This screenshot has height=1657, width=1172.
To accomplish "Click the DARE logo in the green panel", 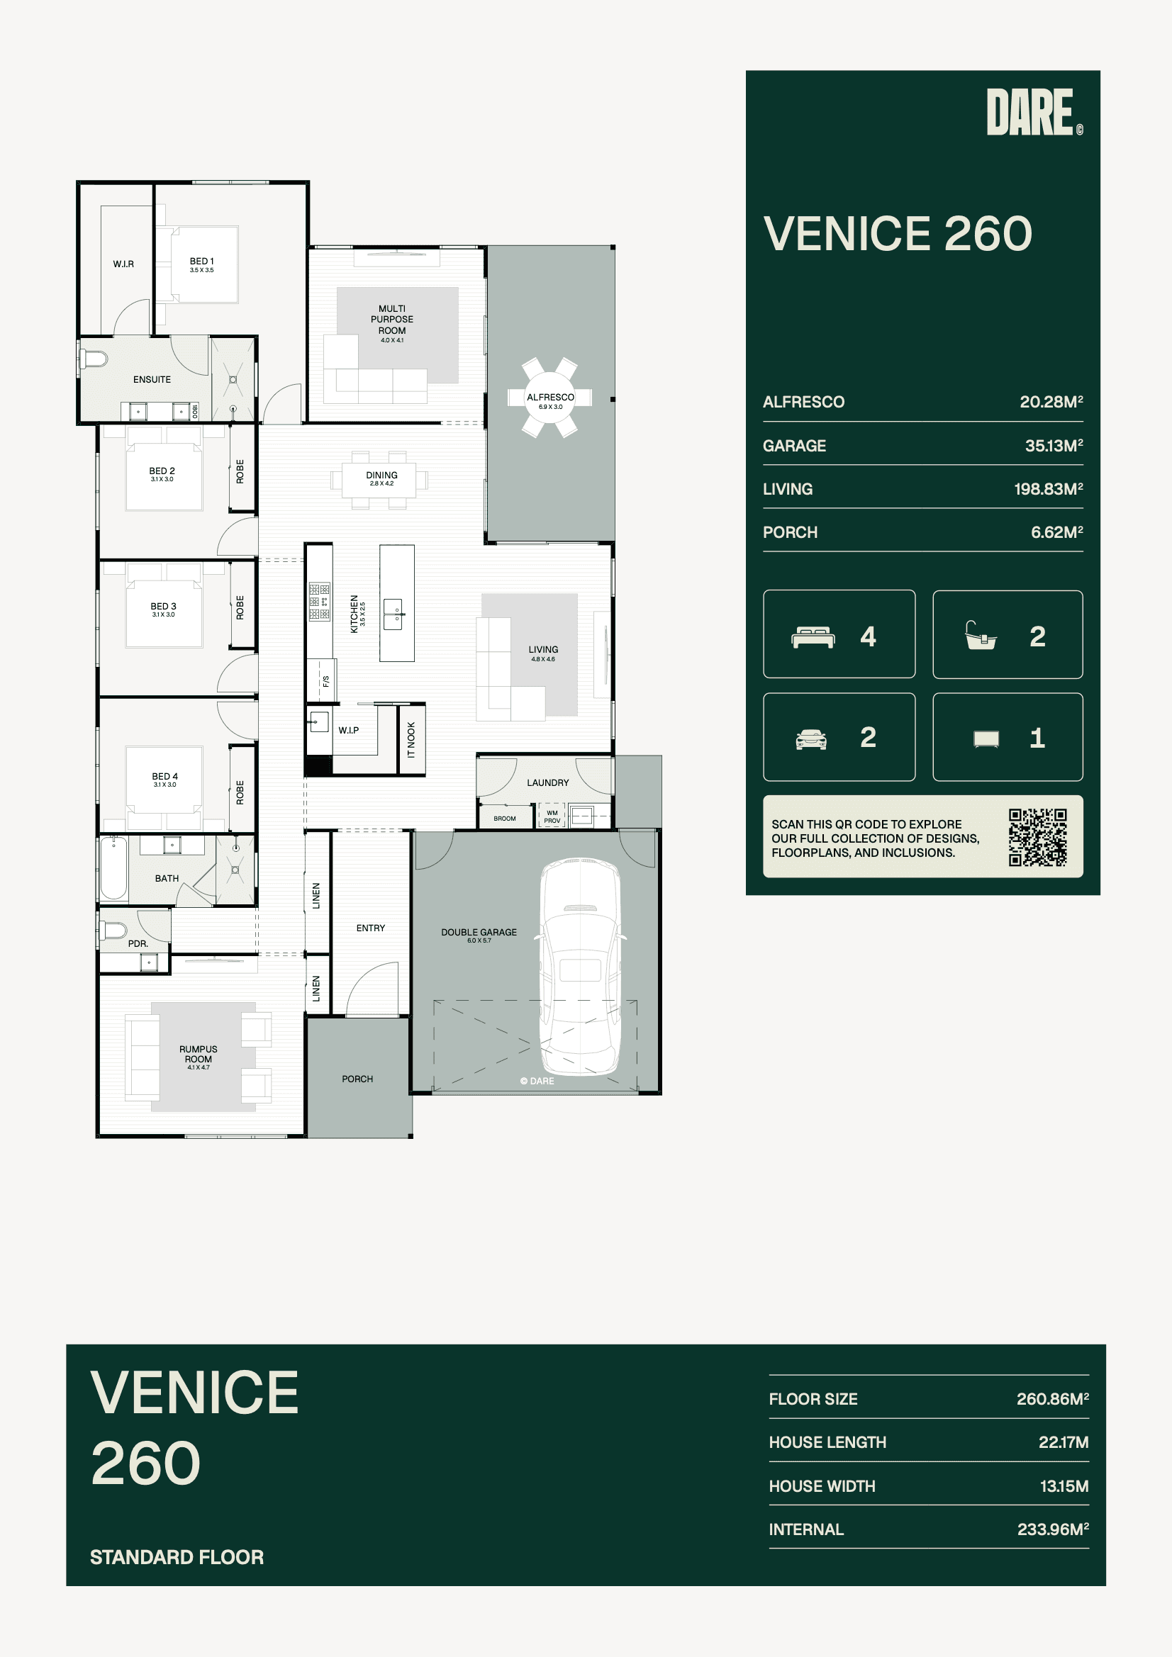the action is (1034, 112).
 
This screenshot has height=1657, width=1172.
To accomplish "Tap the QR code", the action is (1038, 837).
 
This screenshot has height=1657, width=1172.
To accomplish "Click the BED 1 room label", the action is (201, 262).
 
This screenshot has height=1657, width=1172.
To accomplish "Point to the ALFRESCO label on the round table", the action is (550, 397).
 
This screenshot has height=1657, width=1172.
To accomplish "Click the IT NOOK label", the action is (412, 740).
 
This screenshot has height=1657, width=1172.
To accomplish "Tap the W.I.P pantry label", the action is (349, 731).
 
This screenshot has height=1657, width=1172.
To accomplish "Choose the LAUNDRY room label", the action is (548, 782).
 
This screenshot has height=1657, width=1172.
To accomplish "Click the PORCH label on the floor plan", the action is (357, 1079).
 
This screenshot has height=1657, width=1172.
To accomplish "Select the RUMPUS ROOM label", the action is (199, 1054).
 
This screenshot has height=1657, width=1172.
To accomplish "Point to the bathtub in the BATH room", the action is (113, 867).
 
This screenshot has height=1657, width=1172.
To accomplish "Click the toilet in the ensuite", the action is (93, 359).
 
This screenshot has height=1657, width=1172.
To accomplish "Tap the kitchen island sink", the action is (394, 614).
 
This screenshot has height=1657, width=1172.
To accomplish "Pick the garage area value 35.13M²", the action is (1054, 445).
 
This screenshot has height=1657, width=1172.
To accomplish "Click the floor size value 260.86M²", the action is (1052, 1398).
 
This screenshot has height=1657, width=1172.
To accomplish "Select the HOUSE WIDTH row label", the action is (822, 1486).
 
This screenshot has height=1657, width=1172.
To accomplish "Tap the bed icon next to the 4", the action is (813, 637).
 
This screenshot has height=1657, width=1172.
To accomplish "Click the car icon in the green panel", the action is (811, 739).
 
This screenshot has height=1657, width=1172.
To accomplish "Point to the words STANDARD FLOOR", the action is (177, 1556).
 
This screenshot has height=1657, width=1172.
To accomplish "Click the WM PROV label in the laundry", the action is (552, 816).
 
